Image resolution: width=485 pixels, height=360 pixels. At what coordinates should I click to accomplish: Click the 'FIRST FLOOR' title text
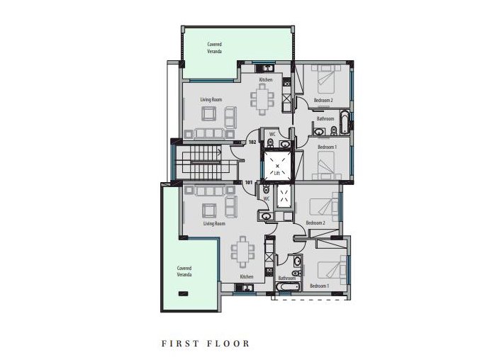[x=206, y=344]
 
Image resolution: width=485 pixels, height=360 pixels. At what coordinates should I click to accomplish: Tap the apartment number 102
[x=252, y=142]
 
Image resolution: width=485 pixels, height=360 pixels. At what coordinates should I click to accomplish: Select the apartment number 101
[x=248, y=182]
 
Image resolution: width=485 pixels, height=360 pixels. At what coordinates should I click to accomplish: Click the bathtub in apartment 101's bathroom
[x=287, y=287]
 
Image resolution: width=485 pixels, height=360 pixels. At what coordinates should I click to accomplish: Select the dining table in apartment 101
[x=243, y=249]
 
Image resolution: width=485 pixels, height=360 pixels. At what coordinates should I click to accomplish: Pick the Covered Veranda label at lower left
[x=185, y=271]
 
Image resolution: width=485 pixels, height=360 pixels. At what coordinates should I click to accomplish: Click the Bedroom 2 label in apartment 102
[x=323, y=101]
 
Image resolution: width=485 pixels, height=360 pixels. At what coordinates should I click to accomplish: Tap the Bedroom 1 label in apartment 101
[x=320, y=286]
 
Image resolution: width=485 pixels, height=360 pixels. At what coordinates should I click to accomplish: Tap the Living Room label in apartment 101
[x=214, y=223]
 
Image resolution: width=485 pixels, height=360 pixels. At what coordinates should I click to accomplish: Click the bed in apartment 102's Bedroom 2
[x=325, y=80]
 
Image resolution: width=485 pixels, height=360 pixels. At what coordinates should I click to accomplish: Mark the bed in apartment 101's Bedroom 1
[x=327, y=269]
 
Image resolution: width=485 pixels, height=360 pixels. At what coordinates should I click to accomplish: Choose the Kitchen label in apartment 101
[x=246, y=276]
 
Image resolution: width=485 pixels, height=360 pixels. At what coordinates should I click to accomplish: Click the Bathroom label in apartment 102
[x=325, y=119]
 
